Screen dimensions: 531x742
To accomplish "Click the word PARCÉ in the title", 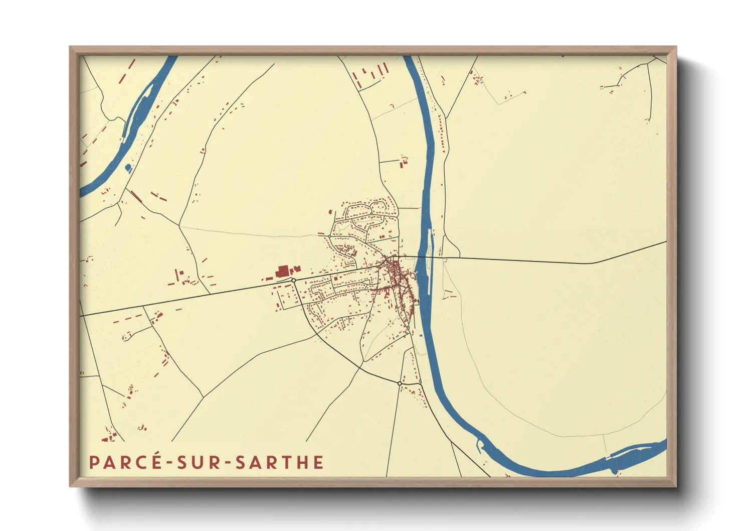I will (x=125, y=462).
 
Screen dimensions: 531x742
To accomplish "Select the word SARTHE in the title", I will (x=279, y=462).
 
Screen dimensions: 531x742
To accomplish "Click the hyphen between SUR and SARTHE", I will (x=229, y=463).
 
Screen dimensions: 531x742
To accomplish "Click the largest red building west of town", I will (x=283, y=272).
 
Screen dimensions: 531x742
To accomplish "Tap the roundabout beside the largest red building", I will (x=293, y=280).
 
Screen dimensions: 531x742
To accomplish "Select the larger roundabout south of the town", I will (x=400, y=383).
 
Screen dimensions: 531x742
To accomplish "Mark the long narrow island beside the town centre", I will (x=430, y=261).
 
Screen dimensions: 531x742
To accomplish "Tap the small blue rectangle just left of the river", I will (x=420, y=335).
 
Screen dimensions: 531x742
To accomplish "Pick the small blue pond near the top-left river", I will (x=128, y=167).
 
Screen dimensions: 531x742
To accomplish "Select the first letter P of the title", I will (x=93, y=462).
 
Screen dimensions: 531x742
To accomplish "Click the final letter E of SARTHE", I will (x=318, y=462).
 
